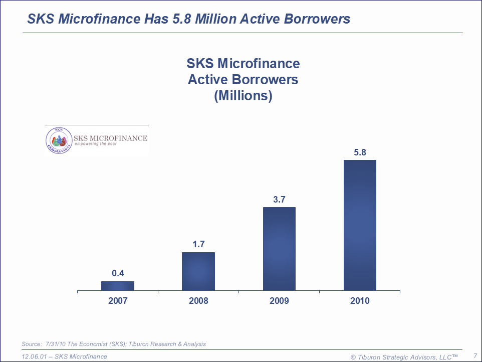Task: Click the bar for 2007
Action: (118, 286)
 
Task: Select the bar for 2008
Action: (198, 271)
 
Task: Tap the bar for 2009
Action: (279, 249)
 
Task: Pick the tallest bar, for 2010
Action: (360, 225)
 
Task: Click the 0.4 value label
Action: (118, 273)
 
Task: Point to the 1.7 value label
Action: (198, 244)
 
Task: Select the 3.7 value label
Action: (279, 199)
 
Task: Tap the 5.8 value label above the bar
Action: (360, 152)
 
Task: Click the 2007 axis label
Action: (118, 301)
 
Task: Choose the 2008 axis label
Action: (198, 301)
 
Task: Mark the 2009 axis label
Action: (279, 301)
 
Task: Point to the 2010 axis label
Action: (360, 301)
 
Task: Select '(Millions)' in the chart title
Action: (243, 96)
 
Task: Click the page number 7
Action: (475, 356)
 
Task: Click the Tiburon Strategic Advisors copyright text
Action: (404, 356)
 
